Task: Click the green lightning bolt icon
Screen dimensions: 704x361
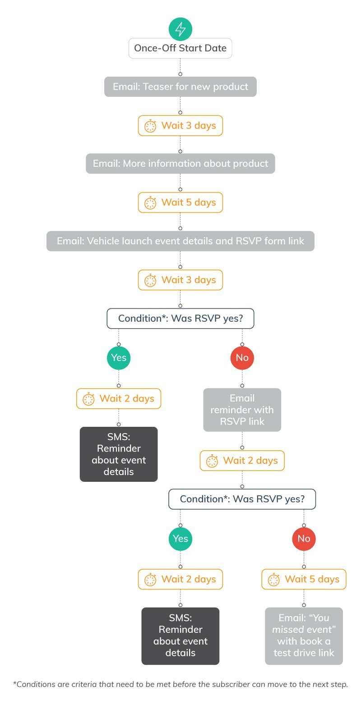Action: point(180,29)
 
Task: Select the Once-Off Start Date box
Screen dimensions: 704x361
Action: point(180,48)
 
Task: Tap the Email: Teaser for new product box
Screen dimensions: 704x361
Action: point(180,87)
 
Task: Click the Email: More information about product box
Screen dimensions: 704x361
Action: point(180,164)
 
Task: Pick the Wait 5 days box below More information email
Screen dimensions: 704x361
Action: point(180,202)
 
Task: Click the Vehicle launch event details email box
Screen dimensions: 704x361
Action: point(180,241)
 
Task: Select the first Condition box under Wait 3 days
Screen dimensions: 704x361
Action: point(180,319)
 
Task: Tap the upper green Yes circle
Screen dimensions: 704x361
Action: point(119,358)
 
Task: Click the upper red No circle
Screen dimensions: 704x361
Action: point(242,358)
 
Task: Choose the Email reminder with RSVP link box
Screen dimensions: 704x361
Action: point(242,410)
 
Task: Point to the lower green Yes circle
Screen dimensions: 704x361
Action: point(180,539)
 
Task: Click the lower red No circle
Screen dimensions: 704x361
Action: point(304,539)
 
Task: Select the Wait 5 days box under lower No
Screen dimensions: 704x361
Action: point(304,579)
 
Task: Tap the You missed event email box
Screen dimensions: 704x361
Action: point(304,635)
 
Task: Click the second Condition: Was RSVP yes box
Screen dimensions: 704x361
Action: point(242,499)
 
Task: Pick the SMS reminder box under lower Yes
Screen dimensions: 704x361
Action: point(180,635)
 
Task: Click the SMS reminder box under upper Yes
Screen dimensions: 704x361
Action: point(119,454)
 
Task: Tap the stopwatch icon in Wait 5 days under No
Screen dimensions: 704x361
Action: point(274,580)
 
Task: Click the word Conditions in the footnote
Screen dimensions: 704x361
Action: point(35,684)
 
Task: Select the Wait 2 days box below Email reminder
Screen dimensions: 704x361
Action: point(242,461)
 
